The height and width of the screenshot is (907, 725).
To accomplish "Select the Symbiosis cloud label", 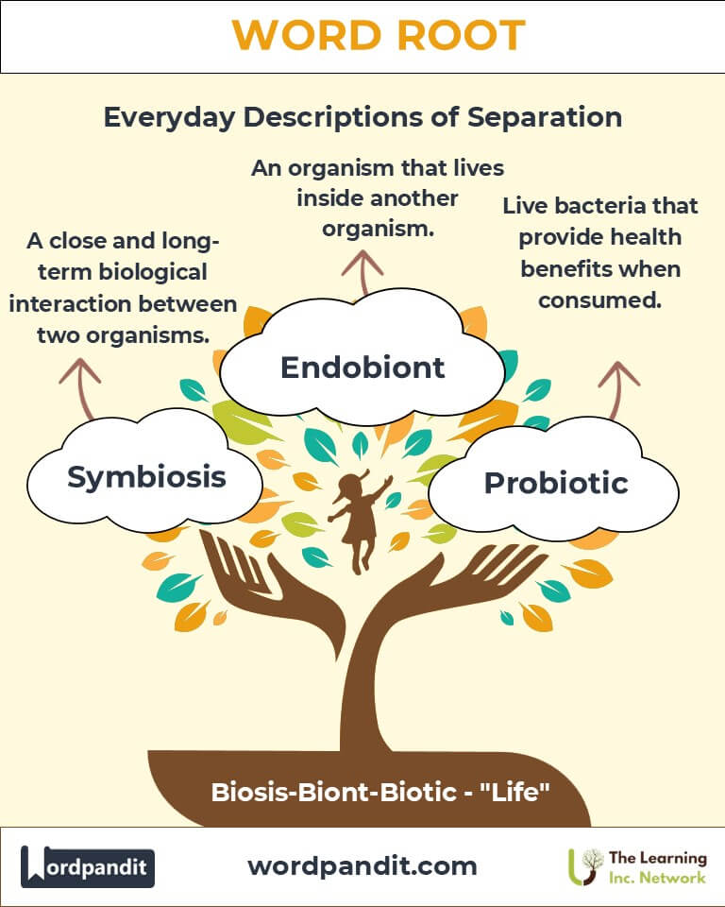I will tap(146, 477).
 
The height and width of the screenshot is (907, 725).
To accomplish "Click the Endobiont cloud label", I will tap(362, 368).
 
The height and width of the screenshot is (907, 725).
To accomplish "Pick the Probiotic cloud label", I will tap(556, 483).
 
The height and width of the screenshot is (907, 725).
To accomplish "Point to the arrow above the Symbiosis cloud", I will tap(81, 388).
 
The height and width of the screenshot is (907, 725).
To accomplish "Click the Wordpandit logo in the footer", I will tap(88, 866).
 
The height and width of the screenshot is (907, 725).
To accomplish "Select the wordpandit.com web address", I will tap(362, 865).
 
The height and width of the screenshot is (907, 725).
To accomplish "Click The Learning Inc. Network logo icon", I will tap(585, 866).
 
